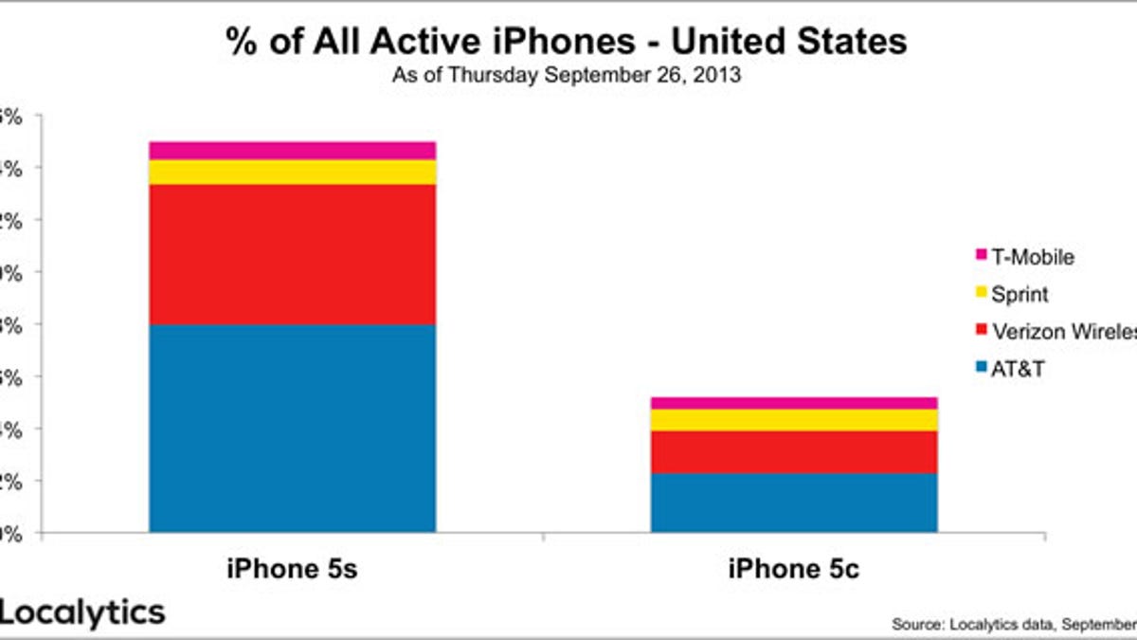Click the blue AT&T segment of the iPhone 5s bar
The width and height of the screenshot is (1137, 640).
(x=292, y=428)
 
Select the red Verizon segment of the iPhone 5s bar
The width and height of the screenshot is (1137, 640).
(x=292, y=254)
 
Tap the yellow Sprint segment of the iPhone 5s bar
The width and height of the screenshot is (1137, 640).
(x=292, y=172)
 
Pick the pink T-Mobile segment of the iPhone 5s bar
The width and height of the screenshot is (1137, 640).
(x=292, y=150)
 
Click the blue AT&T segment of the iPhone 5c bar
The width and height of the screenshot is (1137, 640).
(x=794, y=503)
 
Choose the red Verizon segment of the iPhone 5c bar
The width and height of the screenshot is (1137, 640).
(x=794, y=452)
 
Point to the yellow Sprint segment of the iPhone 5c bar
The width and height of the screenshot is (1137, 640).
(x=794, y=420)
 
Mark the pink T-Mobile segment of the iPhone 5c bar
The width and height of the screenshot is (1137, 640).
(x=794, y=403)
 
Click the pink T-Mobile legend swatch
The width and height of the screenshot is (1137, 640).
(x=980, y=256)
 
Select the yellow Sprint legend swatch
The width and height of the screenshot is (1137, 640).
(x=980, y=294)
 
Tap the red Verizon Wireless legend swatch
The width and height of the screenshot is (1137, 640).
(x=980, y=331)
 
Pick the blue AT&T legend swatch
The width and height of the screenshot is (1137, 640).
(x=980, y=369)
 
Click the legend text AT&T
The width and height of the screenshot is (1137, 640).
(x=1018, y=369)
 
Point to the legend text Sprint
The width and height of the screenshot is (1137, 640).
(x=1020, y=294)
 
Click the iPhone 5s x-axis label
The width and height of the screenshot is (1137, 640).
(x=292, y=570)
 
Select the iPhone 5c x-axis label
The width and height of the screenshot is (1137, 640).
(x=794, y=570)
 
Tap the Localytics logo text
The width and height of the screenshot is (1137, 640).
(x=82, y=613)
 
